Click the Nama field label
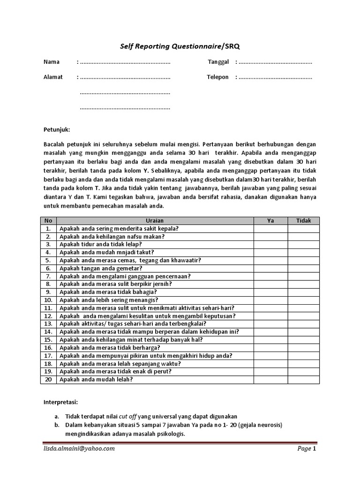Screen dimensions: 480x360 pyautogui.click(x=52, y=62)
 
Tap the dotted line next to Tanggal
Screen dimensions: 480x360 pyautogui.click(x=275, y=62)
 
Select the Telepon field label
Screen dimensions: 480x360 pyautogui.click(x=217, y=77)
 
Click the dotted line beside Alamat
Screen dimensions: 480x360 pyautogui.click(x=125, y=77)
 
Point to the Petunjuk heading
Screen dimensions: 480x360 pyautogui.click(x=56, y=130)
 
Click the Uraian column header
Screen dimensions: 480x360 pyautogui.click(x=155, y=221)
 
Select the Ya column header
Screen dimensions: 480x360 pyautogui.click(x=270, y=221)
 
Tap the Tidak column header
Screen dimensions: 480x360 pyautogui.click(x=303, y=221)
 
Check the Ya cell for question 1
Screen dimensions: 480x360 pyautogui.click(x=270, y=229)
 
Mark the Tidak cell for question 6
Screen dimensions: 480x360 pyautogui.click(x=303, y=269)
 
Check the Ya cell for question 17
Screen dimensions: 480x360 pyautogui.click(x=270, y=356)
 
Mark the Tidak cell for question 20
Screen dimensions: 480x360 pyautogui.click(x=303, y=380)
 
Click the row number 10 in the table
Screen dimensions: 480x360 pyautogui.click(x=48, y=300)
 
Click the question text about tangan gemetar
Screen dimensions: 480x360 pyautogui.click(x=101, y=269)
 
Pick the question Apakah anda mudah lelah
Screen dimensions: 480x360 pyautogui.click(x=96, y=380)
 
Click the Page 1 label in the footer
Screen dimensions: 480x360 pyautogui.click(x=307, y=449)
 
